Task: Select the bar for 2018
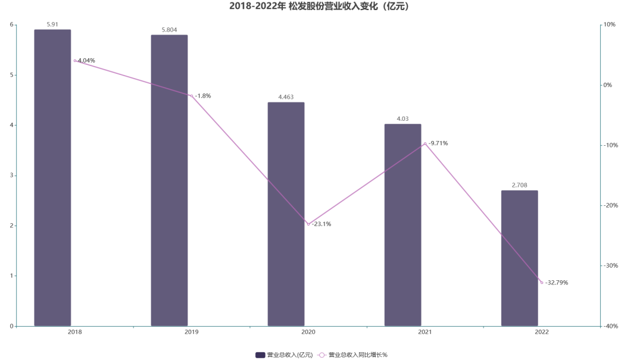coord(52,179)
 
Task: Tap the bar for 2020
coord(286,214)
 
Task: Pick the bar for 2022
coord(519,258)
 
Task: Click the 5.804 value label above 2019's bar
coord(169,30)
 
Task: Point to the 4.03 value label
coord(402,119)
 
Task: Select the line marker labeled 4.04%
coord(75,61)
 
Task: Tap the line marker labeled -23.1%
coord(308,224)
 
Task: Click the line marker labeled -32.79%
coord(542,283)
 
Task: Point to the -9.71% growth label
coord(438,143)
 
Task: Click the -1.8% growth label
coord(203,96)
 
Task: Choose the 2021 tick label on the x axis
coord(425,332)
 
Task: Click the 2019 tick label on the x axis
coord(192,332)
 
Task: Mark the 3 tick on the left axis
coord(11,176)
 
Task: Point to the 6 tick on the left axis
coord(11,24)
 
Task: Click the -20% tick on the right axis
coord(609,205)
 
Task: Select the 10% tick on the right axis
coord(610,24)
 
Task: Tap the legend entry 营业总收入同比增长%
coord(353,355)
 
